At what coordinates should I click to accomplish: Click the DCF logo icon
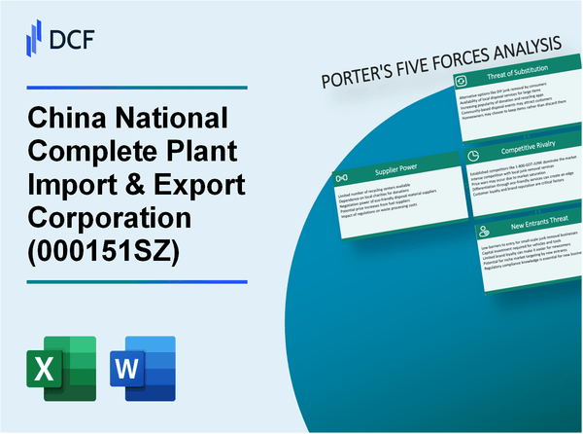[31, 38]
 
